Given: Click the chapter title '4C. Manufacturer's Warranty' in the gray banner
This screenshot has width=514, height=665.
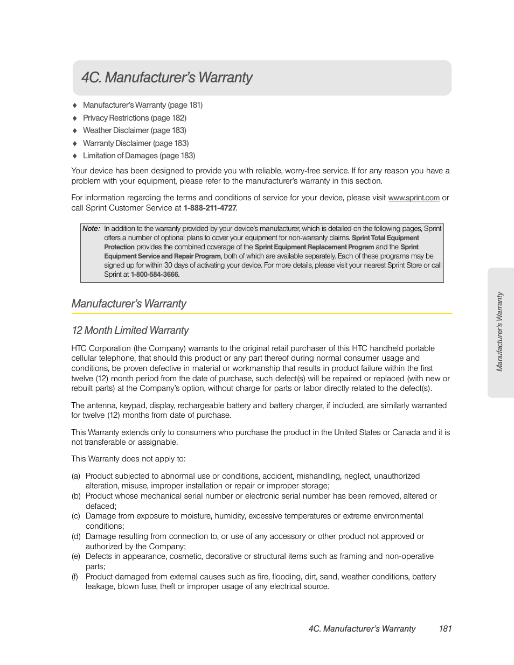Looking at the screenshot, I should pos(167,78).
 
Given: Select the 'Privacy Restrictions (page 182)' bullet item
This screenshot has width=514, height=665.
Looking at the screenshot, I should pos(134,118).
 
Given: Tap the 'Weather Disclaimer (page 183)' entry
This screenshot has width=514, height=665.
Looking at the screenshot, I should pos(134,130).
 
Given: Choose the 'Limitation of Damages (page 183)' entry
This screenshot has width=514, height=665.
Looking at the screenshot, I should pos(138,156).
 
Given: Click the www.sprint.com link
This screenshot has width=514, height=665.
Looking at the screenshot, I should pos(413,198).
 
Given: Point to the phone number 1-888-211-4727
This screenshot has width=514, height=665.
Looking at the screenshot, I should pos(210,208).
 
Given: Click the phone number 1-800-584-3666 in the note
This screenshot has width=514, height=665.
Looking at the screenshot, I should pos(154,275).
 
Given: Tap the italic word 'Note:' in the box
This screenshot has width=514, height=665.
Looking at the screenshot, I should pos(91,228).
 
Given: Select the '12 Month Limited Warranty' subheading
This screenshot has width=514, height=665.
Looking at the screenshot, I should pos(130,330).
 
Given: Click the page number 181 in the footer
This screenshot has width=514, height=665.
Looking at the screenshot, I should pos(445,628).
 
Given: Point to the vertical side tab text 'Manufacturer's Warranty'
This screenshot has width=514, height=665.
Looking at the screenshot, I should pos(499,332).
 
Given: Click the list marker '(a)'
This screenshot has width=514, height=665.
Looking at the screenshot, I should pos(76,476).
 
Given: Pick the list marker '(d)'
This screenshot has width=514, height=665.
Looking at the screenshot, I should pos(76,536).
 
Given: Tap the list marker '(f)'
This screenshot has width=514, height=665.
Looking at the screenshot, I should pos(75,577).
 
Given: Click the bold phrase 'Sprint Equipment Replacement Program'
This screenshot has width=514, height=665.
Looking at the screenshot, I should pos(314,247).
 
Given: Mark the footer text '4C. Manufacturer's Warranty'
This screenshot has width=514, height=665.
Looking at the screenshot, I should pos(362,628).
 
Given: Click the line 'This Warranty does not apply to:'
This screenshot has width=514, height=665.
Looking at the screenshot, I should pos(128,459).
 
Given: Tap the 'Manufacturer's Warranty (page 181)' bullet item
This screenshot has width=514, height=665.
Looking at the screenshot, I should pos(142,105).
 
